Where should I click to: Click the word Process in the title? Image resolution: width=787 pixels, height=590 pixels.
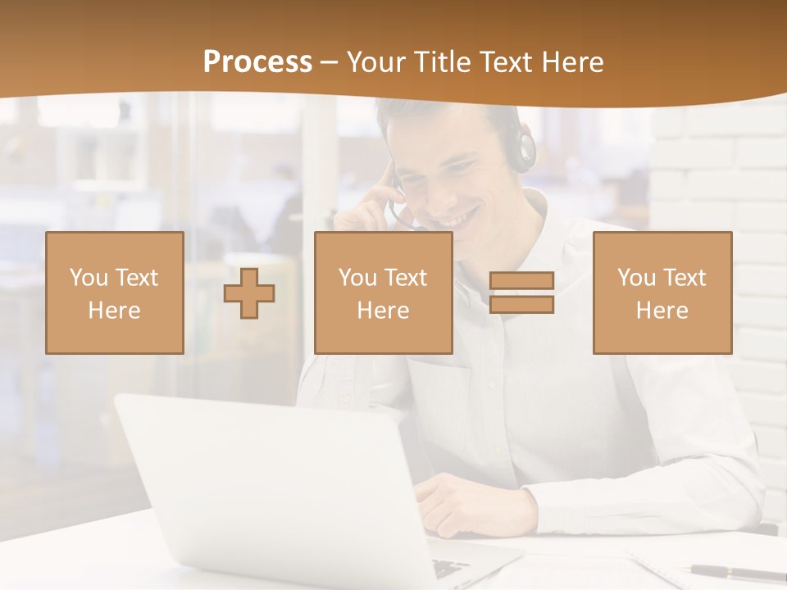(x=257, y=62)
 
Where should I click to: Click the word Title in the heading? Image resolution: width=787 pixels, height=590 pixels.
(x=442, y=62)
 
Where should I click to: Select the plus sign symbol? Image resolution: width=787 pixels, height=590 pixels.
(x=249, y=293)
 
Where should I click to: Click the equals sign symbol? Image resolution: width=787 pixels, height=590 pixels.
(x=521, y=293)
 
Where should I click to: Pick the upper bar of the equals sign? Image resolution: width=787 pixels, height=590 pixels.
(x=521, y=281)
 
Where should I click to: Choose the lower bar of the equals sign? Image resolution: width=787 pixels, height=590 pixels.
(x=521, y=305)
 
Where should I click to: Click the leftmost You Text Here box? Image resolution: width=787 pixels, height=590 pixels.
(x=115, y=293)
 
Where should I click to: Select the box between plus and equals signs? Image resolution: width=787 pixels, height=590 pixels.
(x=383, y=293)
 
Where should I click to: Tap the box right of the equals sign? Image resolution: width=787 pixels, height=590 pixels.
(x=662, y=293)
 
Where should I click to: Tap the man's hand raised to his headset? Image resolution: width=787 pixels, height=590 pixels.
(x=369, y=205)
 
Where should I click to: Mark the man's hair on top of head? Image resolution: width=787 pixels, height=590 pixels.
(x=443, y=115)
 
